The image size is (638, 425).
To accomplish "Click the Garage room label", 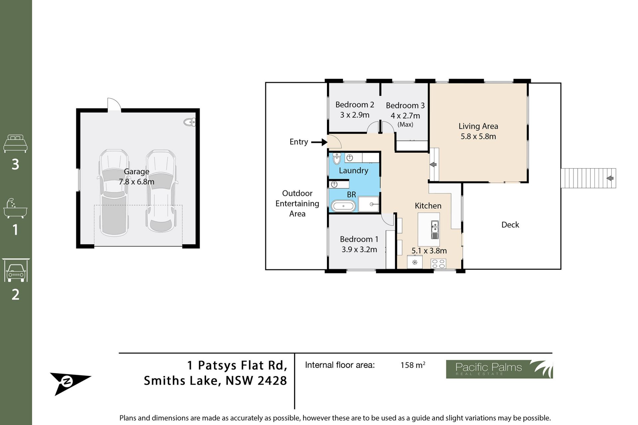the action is click(x=137, y=172).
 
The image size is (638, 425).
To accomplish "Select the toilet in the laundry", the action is click(x=337, y=158).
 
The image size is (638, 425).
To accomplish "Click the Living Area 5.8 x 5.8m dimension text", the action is click(x=478, y=136).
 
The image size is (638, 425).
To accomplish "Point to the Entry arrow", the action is click(x=319, y=142).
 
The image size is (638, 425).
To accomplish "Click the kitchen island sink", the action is click(x=435, y=230).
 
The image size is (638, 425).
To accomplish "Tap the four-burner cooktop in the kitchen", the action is click(x=439, y=264).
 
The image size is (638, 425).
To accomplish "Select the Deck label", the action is click(x=510, y=225).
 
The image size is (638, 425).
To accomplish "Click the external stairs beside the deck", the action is click(x=588, y=178).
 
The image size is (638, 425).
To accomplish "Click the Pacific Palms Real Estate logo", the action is click(x=499, y=369).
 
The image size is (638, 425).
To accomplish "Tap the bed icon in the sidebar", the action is click(x=15, y=143).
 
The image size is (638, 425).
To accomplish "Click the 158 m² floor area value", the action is click(x=413, y=365).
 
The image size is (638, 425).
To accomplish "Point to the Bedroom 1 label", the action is click(x=359, y=239).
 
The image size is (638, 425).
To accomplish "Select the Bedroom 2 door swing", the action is click(x=373, y=127).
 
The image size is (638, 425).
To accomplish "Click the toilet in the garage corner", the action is click(x=190, y=122).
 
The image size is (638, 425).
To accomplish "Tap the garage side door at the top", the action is click(x=114, y=104).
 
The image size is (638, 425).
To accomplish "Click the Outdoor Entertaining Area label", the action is click(x=297, y=204).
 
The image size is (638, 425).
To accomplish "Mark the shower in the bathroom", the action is click(x=369, y=204).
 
